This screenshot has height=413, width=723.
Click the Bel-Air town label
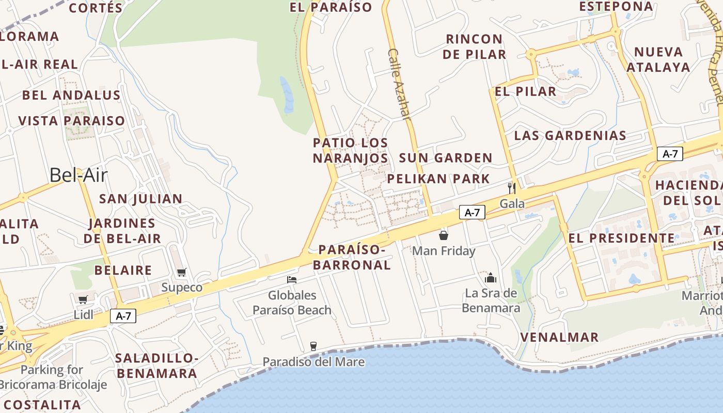click(78, 176)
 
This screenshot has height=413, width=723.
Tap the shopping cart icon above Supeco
click(181, 272)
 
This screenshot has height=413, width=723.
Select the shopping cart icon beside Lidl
click(83, 299)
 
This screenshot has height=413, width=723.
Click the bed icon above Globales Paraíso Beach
click(292, 280)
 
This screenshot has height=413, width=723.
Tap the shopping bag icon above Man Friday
click(443, 236)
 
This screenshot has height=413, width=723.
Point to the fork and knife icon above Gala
click(512, 187)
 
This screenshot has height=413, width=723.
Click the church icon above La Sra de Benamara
click(490, 278)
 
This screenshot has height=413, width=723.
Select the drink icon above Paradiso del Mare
click(313, 346)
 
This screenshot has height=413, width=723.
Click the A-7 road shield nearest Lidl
click(123, 316)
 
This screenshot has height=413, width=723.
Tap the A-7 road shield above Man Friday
click(472, 212)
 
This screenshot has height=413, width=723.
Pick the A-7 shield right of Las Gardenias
click(670, 153)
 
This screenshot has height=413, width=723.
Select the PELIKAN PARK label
click(438, 179)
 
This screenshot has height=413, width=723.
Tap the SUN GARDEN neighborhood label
click(445, 158)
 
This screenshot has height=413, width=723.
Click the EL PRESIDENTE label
click(621, 238)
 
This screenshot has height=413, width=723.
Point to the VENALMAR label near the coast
click(559, 337)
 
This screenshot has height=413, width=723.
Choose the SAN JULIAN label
click(140, 199)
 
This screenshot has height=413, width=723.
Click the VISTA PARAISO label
click(72, 121)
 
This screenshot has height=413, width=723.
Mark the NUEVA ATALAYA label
click(658, 59)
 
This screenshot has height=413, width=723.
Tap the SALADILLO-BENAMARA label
click(156, 366)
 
